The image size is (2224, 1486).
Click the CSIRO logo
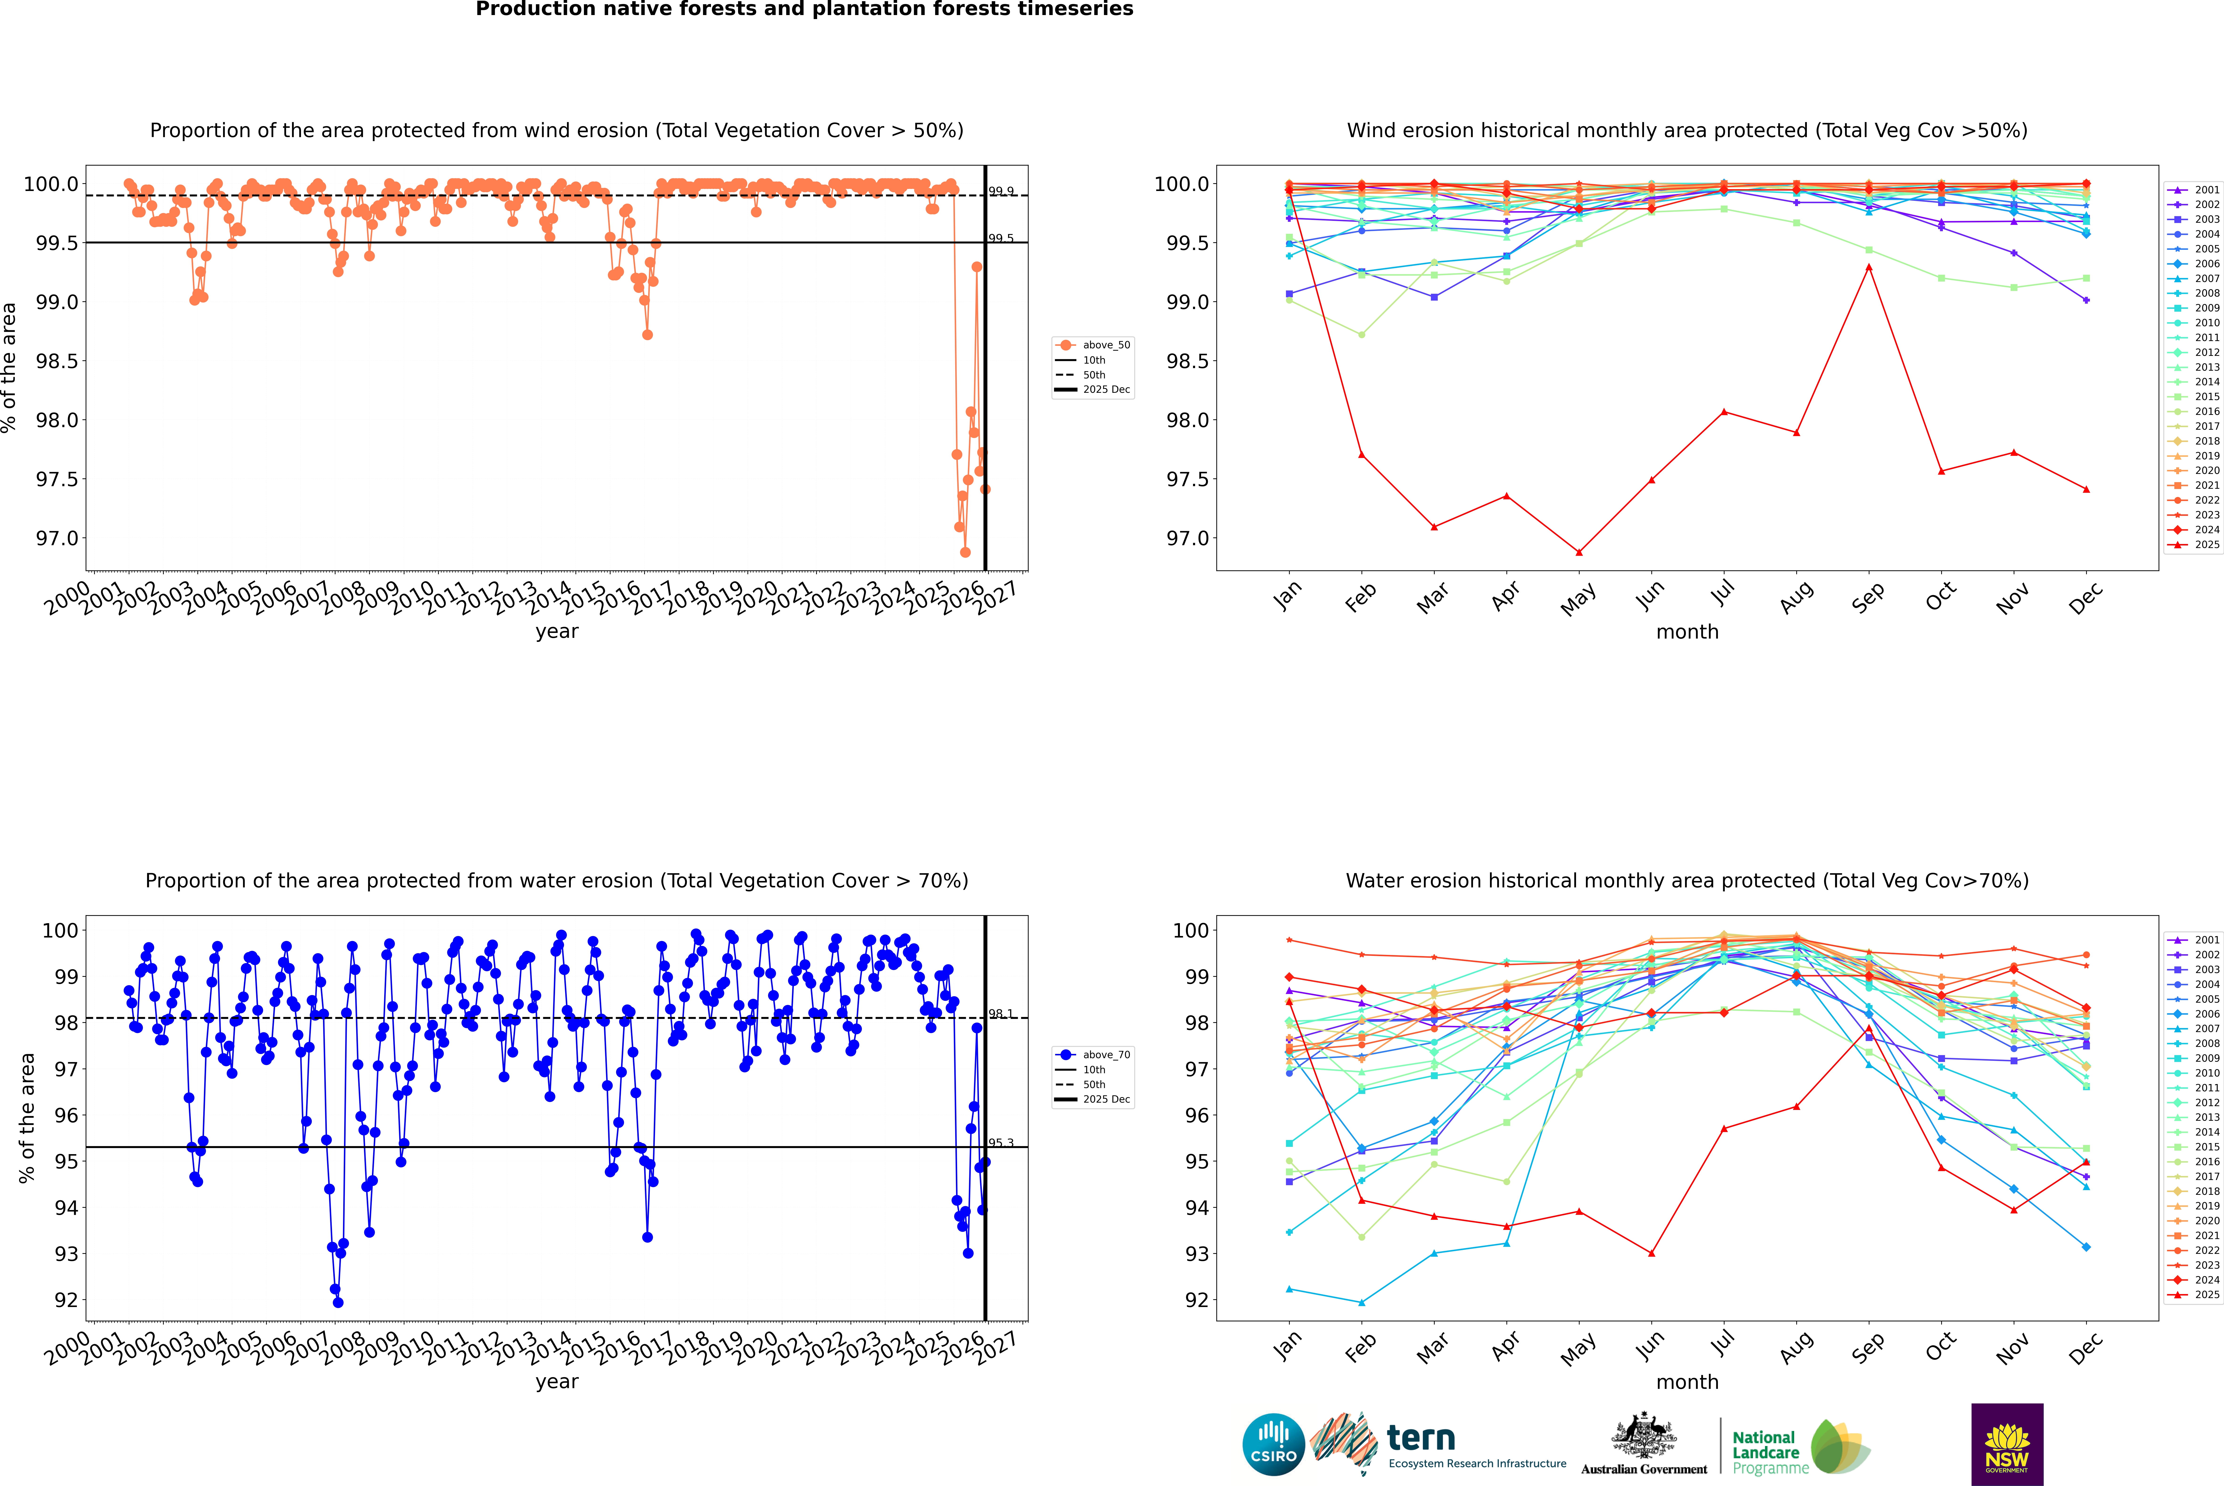pos(1273,1444)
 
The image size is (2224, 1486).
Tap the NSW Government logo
pos(2007,1444)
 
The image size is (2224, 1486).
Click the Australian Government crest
pos(1643,1436)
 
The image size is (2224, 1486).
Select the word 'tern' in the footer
pos(1420,1438)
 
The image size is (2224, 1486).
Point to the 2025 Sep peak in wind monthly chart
pos(1869,267)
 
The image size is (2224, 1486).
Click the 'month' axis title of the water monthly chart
pos(1686,1382)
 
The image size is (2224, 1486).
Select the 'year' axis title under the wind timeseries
pos(556,631)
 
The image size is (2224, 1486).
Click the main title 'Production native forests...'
pos(804,9)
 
